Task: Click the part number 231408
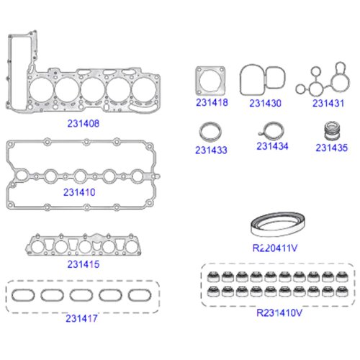point(83,123)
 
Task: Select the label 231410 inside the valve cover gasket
point(79,192)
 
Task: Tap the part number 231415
point(84,264)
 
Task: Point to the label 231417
point(81,318)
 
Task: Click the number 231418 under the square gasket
point(212,102)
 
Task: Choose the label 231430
point(265,103)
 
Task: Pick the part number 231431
point(328,103)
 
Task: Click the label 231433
point(211,150)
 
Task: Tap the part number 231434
point(272,146)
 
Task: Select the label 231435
point(331,148)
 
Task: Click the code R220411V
point(275,248)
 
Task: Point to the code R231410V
point(279,312)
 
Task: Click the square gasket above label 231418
point(198,81)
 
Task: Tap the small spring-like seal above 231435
point(332,131)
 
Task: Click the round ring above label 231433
point(201,132)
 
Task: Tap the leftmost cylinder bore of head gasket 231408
point(31,89)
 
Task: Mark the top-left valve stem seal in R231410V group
point(213,276)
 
